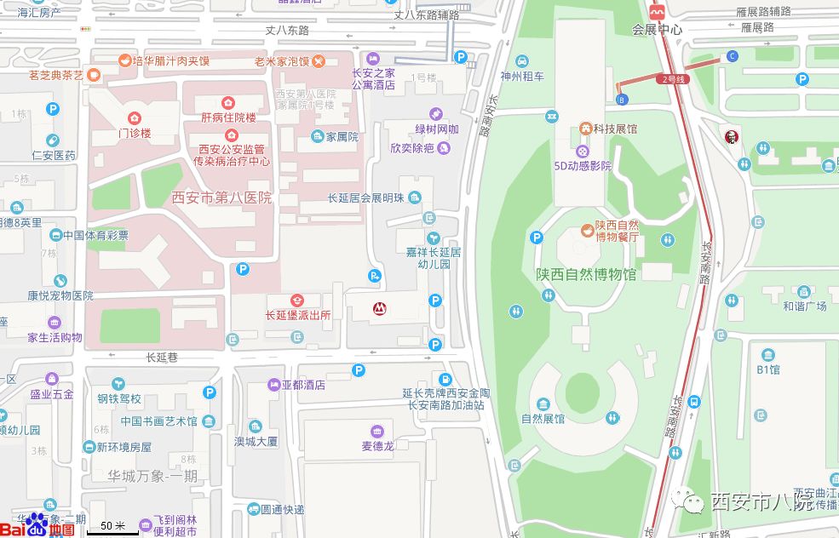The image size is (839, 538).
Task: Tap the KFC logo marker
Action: point(730,137)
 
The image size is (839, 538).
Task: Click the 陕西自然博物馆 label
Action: point(586,275)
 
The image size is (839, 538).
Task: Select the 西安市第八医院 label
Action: point(221,197)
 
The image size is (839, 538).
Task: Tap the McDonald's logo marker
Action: point(376,309)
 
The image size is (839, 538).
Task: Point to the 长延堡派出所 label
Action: point(297,315)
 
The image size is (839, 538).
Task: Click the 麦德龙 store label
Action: point(376,445)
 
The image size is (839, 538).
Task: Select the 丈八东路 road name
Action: point(287,30)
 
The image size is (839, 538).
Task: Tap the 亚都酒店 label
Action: point(307,385)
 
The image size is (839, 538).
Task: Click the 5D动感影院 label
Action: point(583,166)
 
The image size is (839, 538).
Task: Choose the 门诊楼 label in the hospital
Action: point(134,133)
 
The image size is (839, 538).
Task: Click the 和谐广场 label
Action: point(805,306)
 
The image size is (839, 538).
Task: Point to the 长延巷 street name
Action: point(162,358)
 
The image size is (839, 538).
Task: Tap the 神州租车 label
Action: point(522,76)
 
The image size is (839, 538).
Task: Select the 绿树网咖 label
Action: point(437,129)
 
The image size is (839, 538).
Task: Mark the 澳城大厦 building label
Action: point(256,441)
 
